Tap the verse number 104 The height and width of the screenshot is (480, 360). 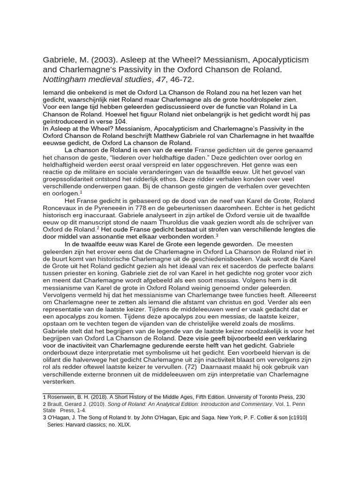coord(118,121)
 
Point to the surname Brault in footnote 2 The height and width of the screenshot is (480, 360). coord(56,404)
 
